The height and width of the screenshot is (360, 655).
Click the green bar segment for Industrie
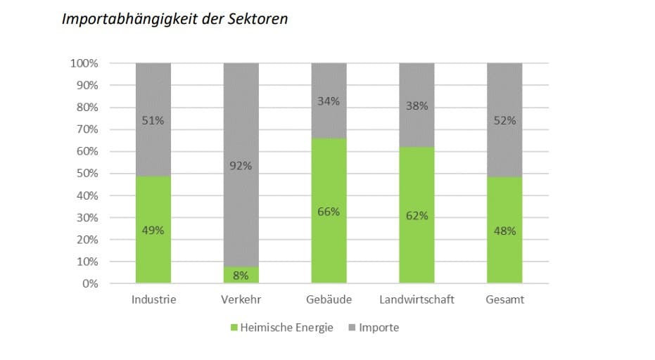coord(153,204)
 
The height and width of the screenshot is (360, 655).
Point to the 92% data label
coord(241,166)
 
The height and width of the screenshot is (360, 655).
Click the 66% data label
coord(329,212)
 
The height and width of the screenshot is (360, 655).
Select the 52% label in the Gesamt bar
coord(504,120)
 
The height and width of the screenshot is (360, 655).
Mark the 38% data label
coord(416,106)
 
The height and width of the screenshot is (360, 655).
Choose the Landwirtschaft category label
coord(416,300)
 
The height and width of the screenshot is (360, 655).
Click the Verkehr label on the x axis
coord(241,300)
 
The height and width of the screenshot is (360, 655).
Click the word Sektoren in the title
coord(257,18)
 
